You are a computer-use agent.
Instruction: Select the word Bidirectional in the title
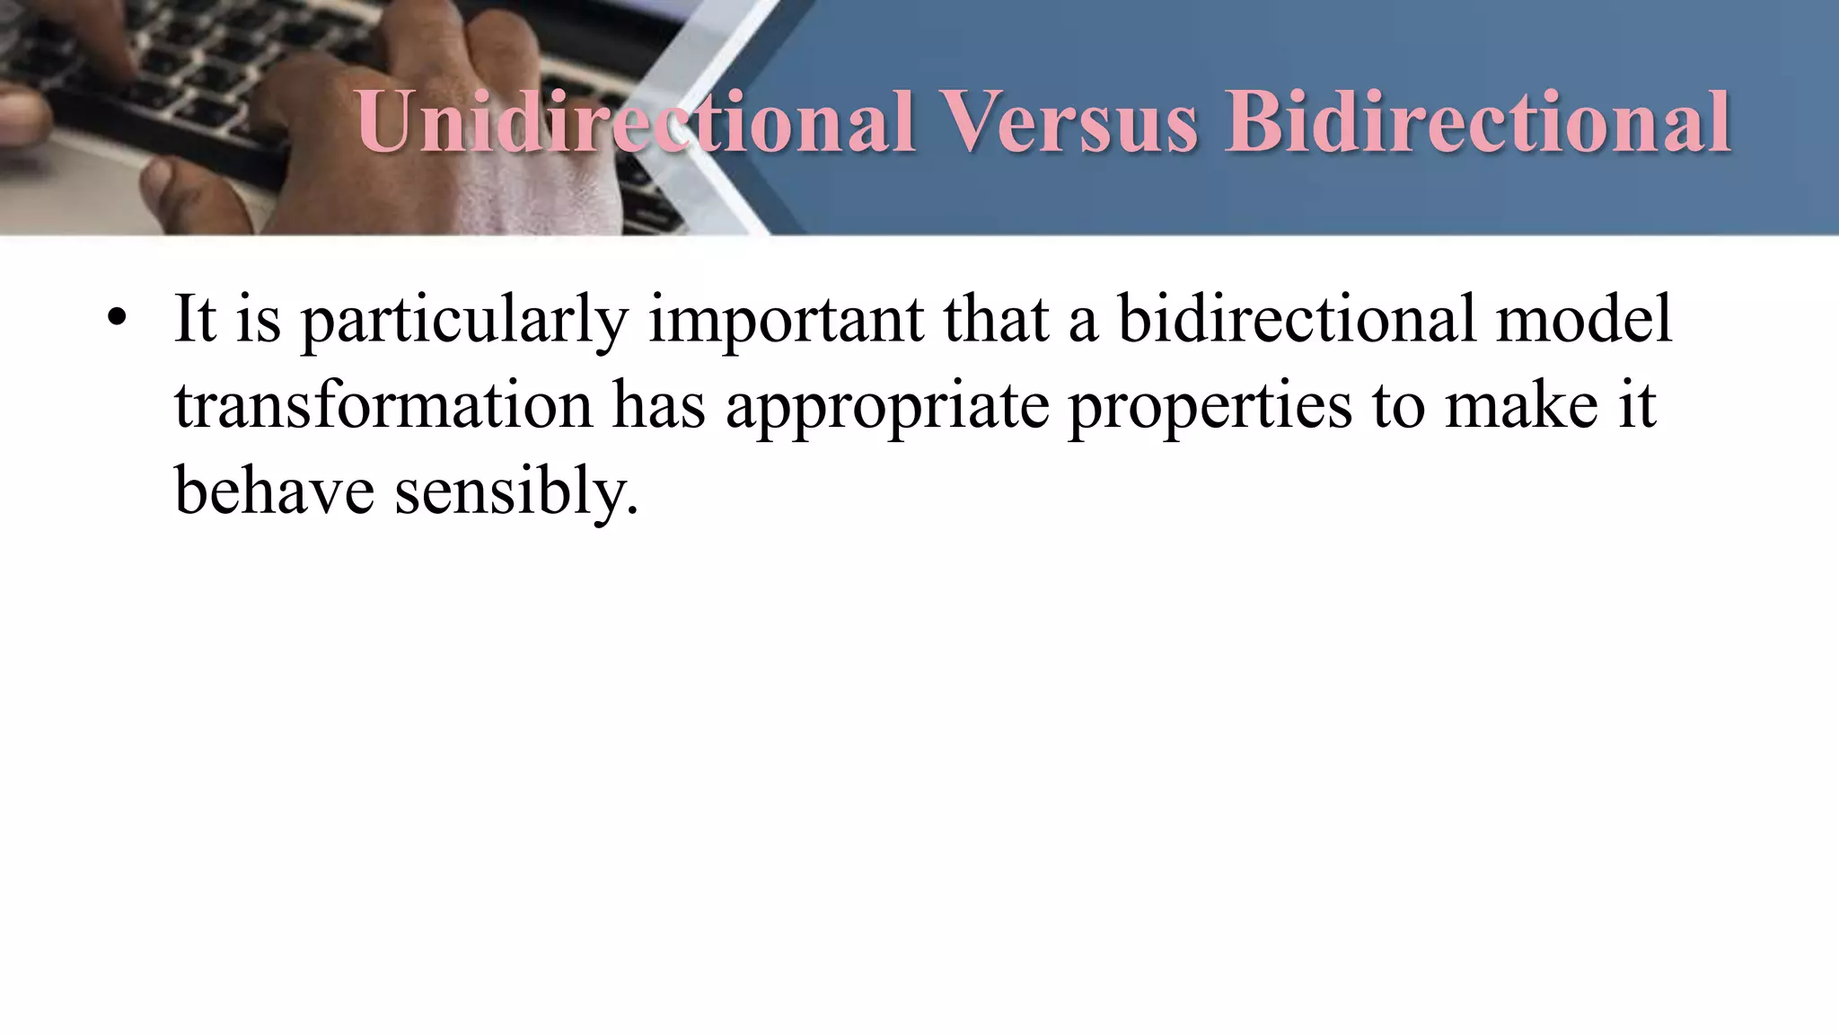[1478, 121]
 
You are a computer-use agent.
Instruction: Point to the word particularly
[463, 320]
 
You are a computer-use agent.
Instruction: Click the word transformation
[383, 404]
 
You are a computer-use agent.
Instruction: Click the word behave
[274, 491]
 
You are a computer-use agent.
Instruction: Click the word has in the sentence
[659, 404]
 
